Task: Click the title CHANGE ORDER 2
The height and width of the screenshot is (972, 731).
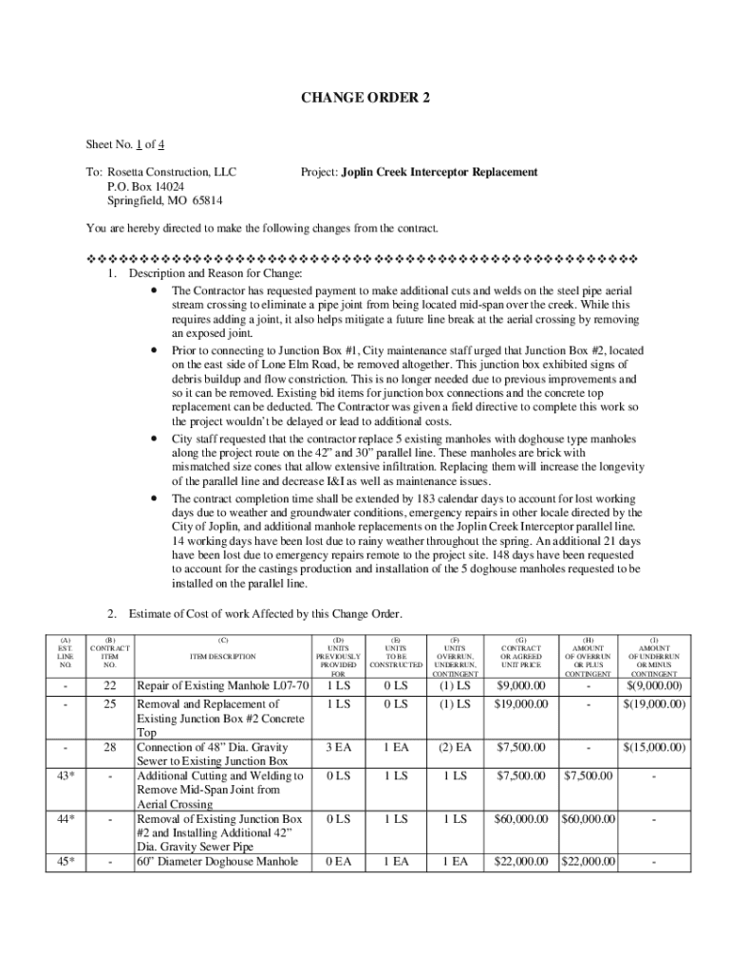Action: point(365,98)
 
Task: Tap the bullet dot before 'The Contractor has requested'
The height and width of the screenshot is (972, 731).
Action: point(154,289)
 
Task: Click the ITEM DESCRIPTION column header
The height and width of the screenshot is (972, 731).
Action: point(223,656)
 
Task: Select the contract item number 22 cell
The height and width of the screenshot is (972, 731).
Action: point(110,685)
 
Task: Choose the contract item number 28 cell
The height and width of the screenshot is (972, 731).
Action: point(110,748)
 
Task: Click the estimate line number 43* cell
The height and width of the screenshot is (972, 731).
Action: point(66,776)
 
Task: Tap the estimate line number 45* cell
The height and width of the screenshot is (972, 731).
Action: point(66,862)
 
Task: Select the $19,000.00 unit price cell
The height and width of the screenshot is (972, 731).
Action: point(520,704)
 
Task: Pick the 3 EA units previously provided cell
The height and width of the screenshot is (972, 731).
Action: point(339,748)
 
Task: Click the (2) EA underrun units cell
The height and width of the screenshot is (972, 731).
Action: point(454,748)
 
